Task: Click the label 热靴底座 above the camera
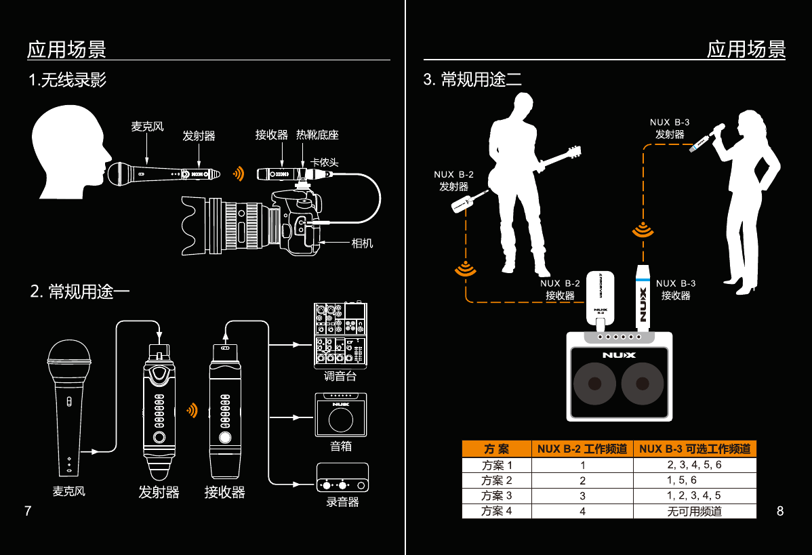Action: coord(317,135)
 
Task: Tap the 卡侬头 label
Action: coord(324,163)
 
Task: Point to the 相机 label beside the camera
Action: coord(362,243)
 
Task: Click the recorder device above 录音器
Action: coord(343,478)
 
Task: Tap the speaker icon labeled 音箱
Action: coord(341,415)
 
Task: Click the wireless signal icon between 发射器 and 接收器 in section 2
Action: coord(192,410)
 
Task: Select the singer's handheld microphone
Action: coord(706,138)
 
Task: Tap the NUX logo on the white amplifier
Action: coord(620,354)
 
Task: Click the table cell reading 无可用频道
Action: coord(694,511)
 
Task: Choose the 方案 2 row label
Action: coord(496,480)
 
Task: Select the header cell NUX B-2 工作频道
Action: coord(582,449)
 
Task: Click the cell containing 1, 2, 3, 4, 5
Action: coord(694,495)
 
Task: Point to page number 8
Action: coord(780,511)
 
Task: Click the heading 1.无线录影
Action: coord(67,81)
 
